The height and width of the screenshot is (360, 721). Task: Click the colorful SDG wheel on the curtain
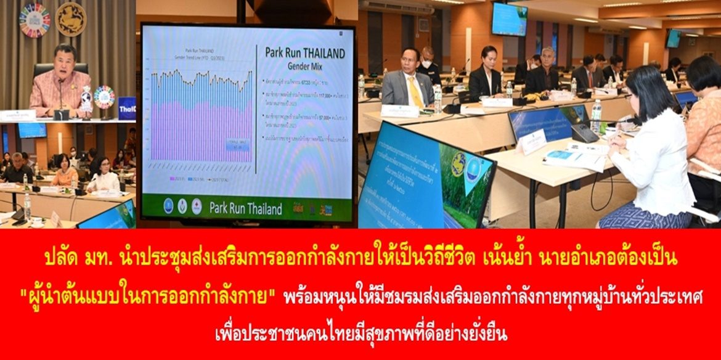tap(35, 20)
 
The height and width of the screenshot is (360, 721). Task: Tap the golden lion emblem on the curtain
tap(71, 19)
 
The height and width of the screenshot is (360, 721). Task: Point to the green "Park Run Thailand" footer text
tap(246, 208)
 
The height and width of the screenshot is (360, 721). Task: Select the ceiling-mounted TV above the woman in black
tap(509, 19)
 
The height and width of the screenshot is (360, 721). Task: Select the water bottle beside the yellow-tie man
tap(437, 99)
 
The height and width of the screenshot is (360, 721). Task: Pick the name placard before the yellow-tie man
tap(399, 111)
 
